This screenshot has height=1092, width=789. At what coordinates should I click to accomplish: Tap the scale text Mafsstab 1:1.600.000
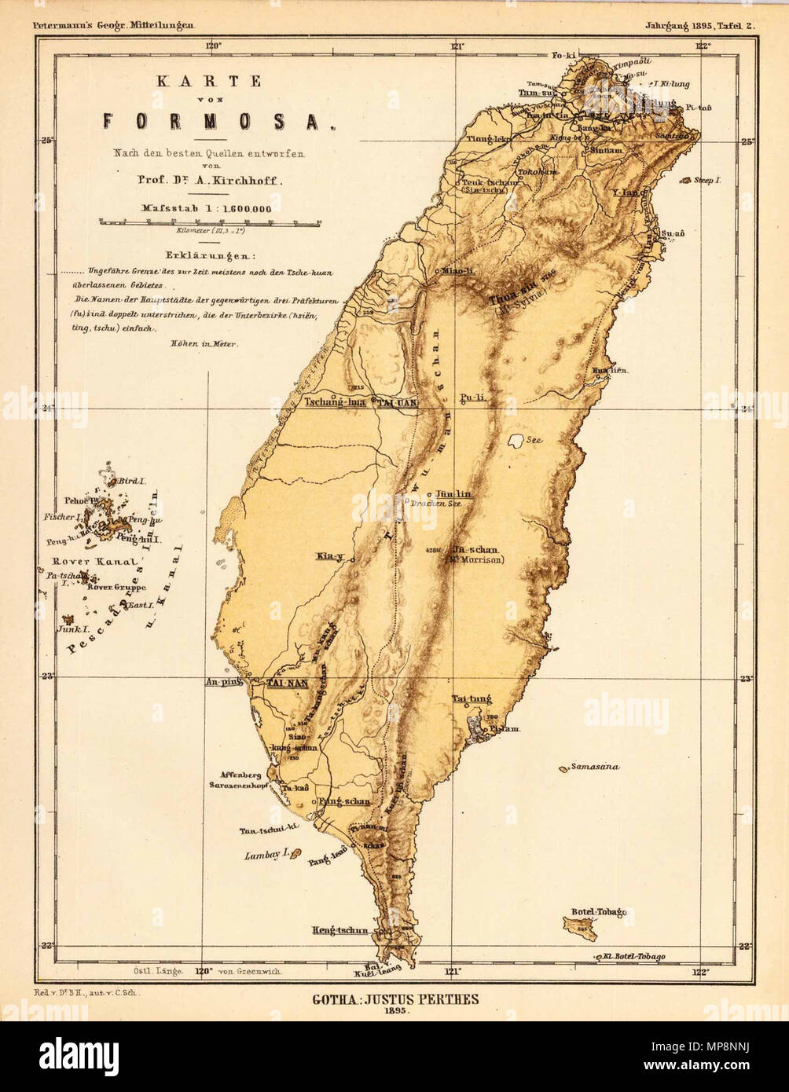[207, 209]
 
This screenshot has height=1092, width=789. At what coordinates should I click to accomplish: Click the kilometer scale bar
[207, 222]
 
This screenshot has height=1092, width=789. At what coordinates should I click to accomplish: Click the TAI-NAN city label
[286, 683]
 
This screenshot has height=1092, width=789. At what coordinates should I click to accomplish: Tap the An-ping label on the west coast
[222, 682]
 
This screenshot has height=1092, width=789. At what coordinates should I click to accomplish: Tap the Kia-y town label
[330, 556]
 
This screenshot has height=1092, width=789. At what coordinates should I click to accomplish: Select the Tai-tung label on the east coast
[472, 698]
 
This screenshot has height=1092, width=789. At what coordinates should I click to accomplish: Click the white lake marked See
[517, 441]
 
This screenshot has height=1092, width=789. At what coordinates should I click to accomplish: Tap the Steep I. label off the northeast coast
[706, 180]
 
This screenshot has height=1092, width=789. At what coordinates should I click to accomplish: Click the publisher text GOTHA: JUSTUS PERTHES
[394, 999]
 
